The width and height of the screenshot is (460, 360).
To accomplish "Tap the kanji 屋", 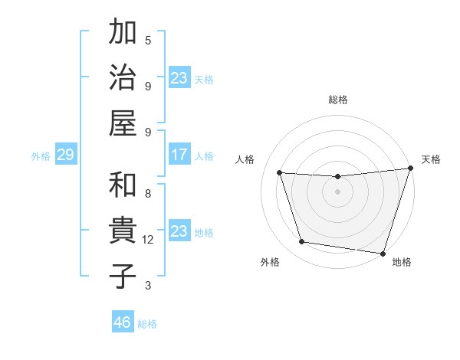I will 123,122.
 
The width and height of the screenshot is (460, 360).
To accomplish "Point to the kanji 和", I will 123,185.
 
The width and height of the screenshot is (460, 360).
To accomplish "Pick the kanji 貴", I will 123,231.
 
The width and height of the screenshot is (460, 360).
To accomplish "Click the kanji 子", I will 123,276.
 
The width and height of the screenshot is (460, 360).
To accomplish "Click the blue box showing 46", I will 123,322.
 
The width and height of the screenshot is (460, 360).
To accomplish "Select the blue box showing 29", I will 65,155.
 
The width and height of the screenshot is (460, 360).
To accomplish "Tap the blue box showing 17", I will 179,155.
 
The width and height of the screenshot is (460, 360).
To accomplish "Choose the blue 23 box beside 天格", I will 179,78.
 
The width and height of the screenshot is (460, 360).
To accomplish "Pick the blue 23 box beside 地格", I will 179,231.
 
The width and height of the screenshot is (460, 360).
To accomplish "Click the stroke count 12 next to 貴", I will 149,240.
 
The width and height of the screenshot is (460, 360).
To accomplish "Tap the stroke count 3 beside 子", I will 148,286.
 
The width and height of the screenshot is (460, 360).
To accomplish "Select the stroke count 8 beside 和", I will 148,194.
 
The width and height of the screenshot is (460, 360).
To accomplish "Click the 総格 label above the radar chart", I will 338,100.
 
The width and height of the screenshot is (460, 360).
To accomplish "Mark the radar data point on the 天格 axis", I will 410,169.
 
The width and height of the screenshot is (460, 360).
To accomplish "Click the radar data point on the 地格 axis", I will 382,253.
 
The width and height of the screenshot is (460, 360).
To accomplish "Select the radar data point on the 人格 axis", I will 280,173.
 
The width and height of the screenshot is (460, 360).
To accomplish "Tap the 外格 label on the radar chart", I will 270,263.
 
